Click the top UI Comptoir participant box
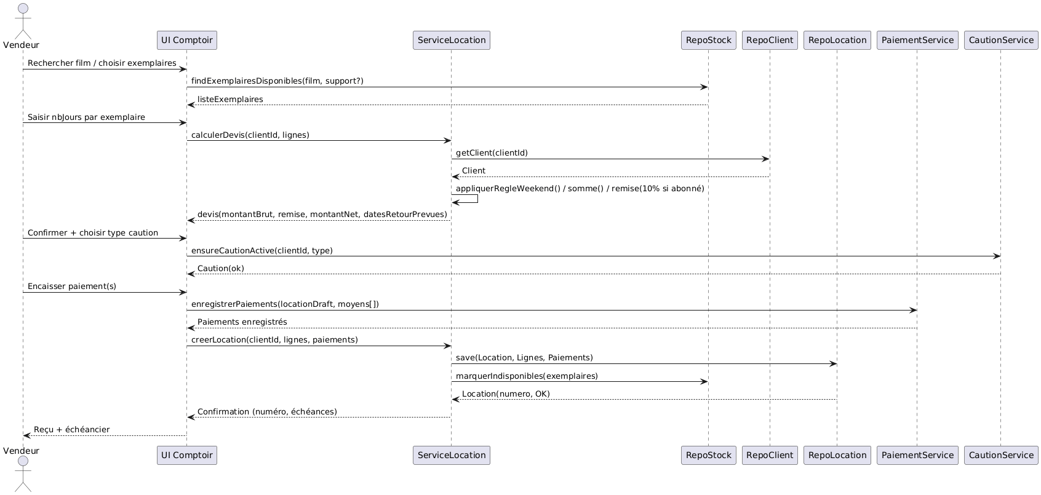coord(186,40)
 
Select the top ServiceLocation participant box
coord(452,40)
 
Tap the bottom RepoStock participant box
coord(708,455)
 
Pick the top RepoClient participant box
coord(770,40)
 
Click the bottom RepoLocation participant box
coord(837,455)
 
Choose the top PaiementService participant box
coord(917,40)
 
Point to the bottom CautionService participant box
coord(1001,455)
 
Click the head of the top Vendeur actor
coord(23,9)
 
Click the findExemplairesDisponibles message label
coord(277,81)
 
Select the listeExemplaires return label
coord(230,99)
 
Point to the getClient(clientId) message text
coord(492,152)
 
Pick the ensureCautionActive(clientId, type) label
coord(261,250)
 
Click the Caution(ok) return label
coord(220,268)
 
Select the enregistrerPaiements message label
coord(285,304)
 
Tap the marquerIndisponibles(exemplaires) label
coord(527,376)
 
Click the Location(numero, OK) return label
coord(506,394)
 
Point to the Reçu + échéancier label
coord(71,429)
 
